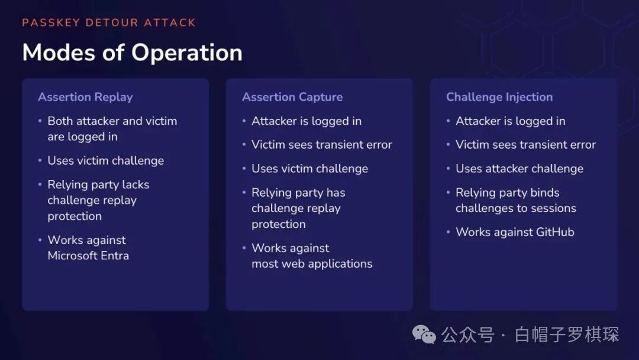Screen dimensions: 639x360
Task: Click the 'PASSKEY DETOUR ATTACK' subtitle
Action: click(109, 22)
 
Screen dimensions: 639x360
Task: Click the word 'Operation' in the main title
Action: click(186, 53)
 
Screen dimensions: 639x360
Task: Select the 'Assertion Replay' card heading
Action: click(85, 97)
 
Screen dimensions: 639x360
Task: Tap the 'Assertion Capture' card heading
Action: click(292, 97)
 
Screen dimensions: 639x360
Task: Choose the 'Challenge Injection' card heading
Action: click(499, 97)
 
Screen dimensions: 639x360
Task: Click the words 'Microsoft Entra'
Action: click(88, 256)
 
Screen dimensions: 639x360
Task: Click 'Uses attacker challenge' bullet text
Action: click(519, 169)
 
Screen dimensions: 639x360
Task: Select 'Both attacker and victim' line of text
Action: click(112, 121)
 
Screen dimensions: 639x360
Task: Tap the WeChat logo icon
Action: click(424, 335)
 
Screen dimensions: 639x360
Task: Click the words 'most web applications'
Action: click(312, 263)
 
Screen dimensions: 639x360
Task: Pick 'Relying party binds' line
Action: click(508, 192)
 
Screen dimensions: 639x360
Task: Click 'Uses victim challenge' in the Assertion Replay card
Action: click(105, 160)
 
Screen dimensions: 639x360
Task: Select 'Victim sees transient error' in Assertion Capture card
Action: click(321, 144)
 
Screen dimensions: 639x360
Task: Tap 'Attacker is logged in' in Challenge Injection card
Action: click(510, 121)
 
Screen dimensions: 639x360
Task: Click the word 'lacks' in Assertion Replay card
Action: click(135, 185)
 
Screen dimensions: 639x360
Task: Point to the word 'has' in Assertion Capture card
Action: click(335, 192)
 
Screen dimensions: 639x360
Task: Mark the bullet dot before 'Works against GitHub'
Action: click(448, 232)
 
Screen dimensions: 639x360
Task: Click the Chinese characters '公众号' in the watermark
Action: click(468, 335)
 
